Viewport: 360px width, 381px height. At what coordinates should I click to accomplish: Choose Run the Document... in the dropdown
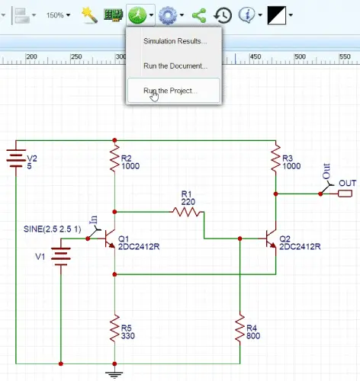tap(175, 66)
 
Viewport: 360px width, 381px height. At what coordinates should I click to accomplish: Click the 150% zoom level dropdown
tap(58, 14)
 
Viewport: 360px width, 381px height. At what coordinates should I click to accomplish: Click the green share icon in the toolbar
tap(200, 14)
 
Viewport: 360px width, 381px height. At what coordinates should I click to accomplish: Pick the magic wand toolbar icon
tap(89, 14)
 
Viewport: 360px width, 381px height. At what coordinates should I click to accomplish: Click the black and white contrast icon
tap(277, 14)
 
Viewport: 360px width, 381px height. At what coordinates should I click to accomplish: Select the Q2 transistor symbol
tap(271, 239)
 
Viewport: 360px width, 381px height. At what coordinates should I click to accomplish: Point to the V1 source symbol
tap(60, 256)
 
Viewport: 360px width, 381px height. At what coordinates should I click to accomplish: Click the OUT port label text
tap(347, 183)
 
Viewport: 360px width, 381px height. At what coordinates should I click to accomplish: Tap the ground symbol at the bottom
tap(114, 373)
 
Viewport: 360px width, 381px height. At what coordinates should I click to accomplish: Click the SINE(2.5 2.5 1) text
tap(51, 228)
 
